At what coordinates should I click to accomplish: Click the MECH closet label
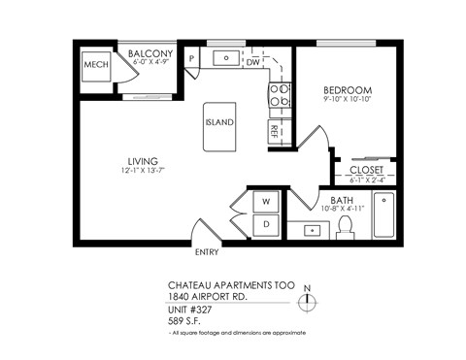(x=94, y=64)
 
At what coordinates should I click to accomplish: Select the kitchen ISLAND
(x=219, y=123)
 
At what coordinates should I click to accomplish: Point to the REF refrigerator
(x=276, y=129)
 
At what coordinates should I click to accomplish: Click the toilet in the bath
(x=345, y=226)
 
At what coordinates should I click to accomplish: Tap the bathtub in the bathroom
(x=384, y=215)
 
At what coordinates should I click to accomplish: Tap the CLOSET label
(x=366, y=170)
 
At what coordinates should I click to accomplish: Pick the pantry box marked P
(x=192, y=58)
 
